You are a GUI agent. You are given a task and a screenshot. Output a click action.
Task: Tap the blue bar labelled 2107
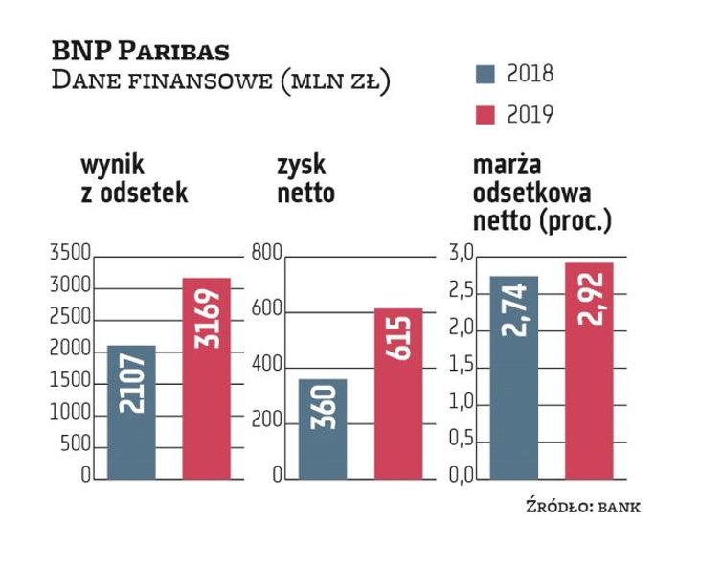point(130,412)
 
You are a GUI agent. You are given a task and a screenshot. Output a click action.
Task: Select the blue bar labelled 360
point(323,429)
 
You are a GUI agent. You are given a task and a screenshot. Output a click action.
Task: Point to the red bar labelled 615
point(398,393)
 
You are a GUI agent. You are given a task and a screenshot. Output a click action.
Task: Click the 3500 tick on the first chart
point(69,255)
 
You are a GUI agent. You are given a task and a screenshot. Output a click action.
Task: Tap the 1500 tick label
point(69,382)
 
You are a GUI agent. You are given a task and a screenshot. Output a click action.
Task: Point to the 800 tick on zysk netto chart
point(267,255)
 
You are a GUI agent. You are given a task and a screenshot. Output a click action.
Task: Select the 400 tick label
point(267,367)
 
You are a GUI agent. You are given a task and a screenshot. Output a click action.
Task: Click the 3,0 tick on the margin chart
point(463,255)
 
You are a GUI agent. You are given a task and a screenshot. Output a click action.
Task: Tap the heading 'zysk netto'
point(305,179)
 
